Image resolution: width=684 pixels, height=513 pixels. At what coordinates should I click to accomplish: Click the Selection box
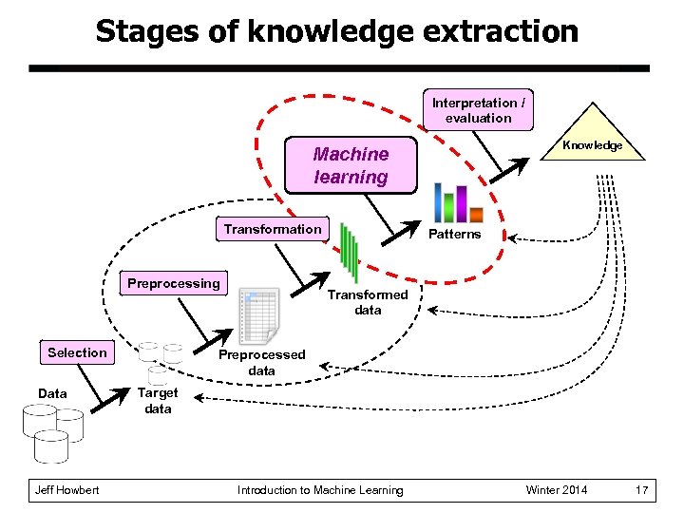(x=77, y=352)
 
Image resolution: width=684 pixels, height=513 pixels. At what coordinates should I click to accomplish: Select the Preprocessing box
(x=173, y=283)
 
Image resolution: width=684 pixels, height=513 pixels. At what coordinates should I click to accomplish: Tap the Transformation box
(x=273, y=229)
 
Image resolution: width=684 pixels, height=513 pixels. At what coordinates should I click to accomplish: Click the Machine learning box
(x=351, y=165)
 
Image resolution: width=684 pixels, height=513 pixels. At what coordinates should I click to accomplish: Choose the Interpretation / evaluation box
(x=478, y=110)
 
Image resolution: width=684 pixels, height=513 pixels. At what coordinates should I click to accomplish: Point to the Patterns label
(x=454, y=235)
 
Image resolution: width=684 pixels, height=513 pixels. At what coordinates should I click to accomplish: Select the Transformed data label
(x=368, y=302)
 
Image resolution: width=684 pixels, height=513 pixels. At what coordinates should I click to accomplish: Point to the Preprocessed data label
(x=261, y=363)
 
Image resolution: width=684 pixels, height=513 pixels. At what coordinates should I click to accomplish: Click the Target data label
(x=158, y=400)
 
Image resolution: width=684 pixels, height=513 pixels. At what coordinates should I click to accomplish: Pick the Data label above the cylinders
(x=52, y=393)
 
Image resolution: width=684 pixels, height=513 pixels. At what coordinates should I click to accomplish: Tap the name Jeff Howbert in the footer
(x=66, y=490)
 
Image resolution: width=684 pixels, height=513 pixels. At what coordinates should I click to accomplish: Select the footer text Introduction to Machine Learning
(x=320, y=490)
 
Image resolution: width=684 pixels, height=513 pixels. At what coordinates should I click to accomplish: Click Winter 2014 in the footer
(x=557, y=490)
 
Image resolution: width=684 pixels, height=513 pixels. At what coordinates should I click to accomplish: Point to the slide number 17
(x=642, y=490)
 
